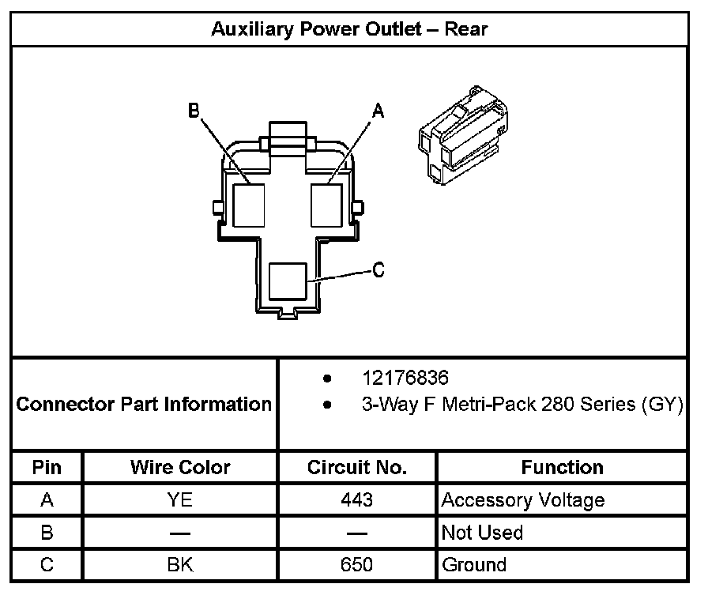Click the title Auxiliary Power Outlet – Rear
coord(349,30)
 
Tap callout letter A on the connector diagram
coord(378,112)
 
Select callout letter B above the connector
coord(194,111)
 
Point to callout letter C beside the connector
coord(378,270)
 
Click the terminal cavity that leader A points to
coord(326,204)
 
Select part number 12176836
coord(405,378)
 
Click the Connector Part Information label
coord(144,405)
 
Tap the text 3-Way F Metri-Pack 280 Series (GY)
coord(522,405)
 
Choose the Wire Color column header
coord(180,467)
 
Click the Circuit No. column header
coord(357,467)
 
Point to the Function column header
coord(562,467)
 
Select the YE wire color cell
coord(180,500)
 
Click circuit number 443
coord(357,500)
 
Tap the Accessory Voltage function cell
coord(523,500)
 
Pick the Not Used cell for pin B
coord(482,533)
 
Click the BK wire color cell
coord(180,565)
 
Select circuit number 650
coord(357,565)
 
